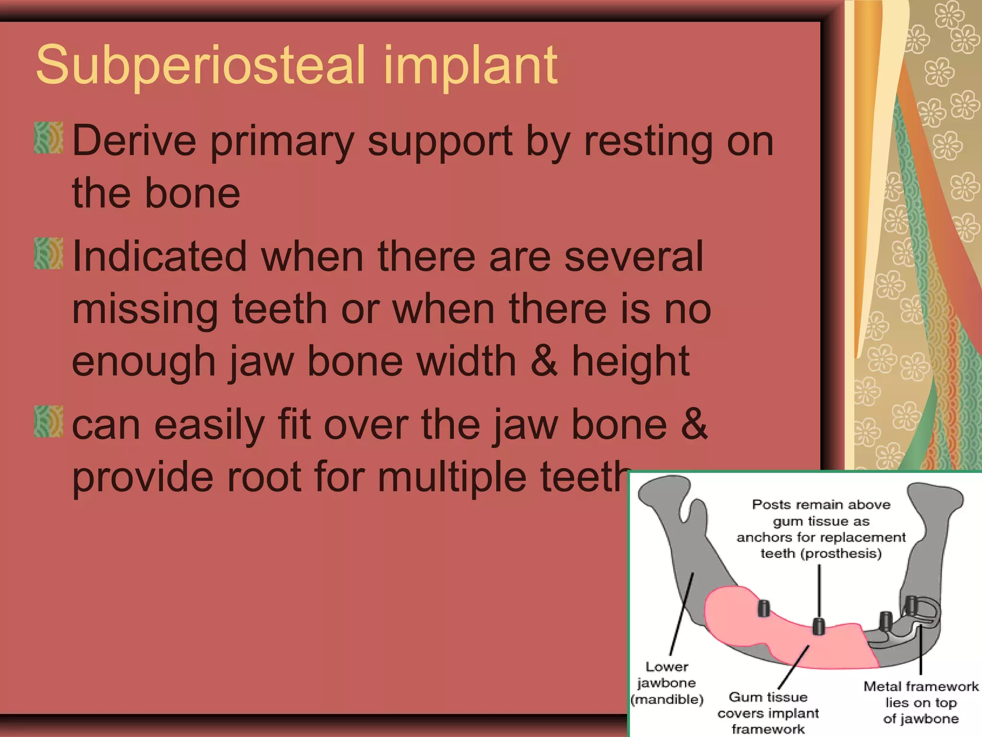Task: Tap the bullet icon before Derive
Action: coord(48,138)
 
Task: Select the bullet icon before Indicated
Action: coord(48,253)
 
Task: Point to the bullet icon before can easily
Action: coord(48,421)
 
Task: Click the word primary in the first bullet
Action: coord(282,142)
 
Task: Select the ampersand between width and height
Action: coord(544,361)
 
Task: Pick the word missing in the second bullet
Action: coord(145,309)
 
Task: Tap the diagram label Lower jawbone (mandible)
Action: coord(667,683)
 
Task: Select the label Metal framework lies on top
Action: coord(921,702)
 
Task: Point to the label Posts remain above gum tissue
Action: coord(821,529)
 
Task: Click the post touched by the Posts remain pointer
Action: coord(818,626)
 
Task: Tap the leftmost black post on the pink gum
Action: coord(764,608)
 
